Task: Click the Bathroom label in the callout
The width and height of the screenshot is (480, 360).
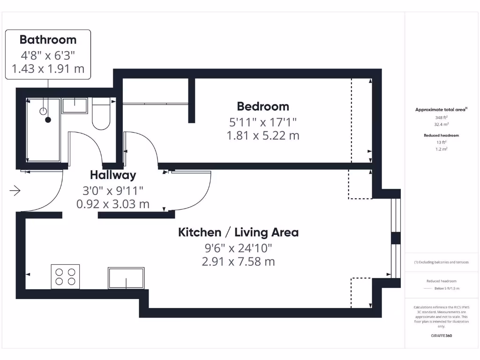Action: (48, 39)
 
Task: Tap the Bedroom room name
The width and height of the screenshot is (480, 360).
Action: (262, 106)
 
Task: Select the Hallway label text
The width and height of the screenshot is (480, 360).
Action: (113, 175)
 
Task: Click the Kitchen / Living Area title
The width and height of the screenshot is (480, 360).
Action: (238, 232)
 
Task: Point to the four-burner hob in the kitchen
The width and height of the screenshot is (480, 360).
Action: (65, 277)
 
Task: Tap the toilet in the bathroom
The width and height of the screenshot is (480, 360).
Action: (101, 114)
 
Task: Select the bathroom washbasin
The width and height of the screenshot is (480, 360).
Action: (75, 105)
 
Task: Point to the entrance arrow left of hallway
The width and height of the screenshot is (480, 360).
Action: (15, 191)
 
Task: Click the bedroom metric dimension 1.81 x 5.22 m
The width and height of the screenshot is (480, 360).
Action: (262, 136)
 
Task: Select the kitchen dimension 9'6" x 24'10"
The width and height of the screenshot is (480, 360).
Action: (238, 247)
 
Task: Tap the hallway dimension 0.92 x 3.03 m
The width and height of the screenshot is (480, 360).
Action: (113, 204)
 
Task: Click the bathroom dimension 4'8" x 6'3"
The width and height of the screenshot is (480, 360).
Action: (48, 54)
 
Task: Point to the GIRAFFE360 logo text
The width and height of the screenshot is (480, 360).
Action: (441, 336)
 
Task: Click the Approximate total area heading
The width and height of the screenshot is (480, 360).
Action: (441, 110)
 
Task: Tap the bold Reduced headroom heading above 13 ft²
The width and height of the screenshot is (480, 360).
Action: (441, 135)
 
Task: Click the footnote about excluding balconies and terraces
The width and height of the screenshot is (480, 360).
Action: (441, 262)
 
